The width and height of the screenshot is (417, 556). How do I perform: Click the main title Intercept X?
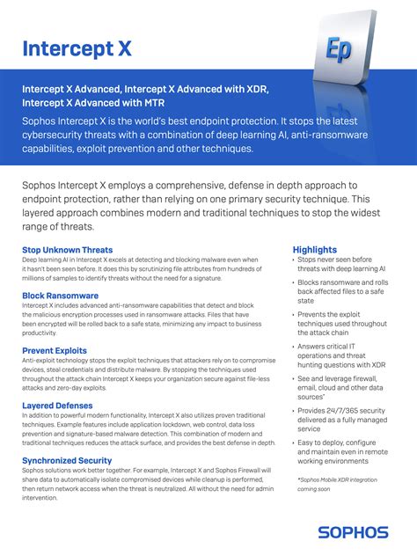(77, 48)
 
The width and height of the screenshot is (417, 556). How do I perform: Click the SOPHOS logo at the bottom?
(353, 531)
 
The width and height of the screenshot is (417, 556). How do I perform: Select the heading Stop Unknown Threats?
(67, 251)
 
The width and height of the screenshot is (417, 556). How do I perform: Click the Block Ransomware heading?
(60, 296)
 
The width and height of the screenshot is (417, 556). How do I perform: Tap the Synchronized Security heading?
(67, 460)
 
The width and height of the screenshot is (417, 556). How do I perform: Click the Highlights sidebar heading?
(315, 250)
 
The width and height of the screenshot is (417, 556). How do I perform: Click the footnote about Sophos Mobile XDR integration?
(341, 484)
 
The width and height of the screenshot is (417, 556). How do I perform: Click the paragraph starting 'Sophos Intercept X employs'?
(190, 206)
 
